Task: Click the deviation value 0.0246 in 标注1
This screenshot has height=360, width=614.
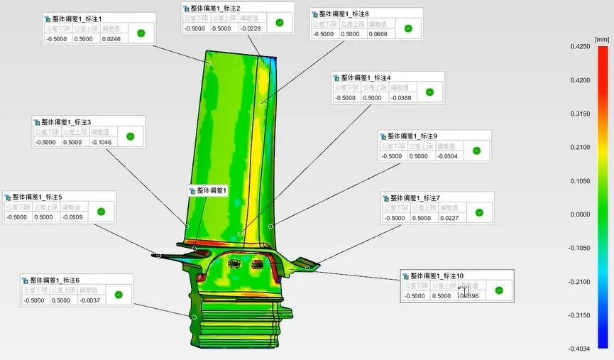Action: coord(111,39)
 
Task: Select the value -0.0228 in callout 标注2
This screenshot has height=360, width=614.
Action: coord(251,28)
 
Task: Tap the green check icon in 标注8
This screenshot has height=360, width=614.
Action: coord(408,28)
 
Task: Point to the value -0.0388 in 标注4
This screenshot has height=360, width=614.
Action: coord(401,98)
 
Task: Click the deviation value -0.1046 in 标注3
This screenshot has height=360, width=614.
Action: coord(102,142)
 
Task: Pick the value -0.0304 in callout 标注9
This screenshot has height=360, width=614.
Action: coord(448,156)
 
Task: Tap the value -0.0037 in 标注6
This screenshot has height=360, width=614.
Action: coord(89,300)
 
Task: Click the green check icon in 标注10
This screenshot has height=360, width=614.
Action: coord(499,290)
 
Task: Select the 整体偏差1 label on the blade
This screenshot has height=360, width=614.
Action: coord(210,190)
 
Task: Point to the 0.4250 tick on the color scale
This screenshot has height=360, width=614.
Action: coord(581,46)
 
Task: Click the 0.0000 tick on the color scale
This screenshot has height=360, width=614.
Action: coord(581,214)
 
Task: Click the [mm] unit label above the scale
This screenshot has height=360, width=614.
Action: coord(601,39)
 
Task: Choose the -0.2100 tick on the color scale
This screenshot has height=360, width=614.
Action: coord(581,282)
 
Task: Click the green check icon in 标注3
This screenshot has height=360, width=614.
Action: coord(130,136)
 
